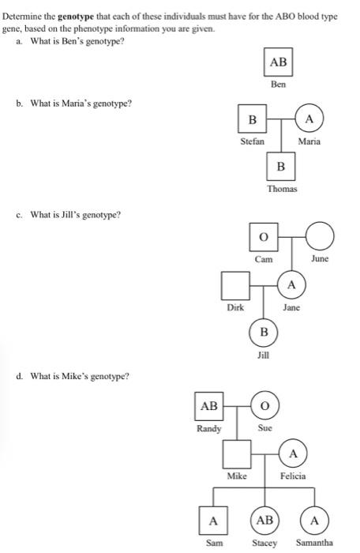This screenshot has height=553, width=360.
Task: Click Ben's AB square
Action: (279, 62)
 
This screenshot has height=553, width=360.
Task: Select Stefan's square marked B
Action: (252, 121)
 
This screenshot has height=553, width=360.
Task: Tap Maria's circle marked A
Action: (310, 121)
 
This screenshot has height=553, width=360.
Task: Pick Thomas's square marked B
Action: (281, 166)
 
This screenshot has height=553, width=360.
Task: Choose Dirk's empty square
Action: (234, 284)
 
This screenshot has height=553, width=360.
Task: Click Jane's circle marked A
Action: (291, 284)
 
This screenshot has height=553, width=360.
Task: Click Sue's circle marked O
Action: (264, 407)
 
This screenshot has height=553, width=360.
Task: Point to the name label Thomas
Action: (281, 189)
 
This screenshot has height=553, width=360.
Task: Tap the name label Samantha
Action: (314, 543)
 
